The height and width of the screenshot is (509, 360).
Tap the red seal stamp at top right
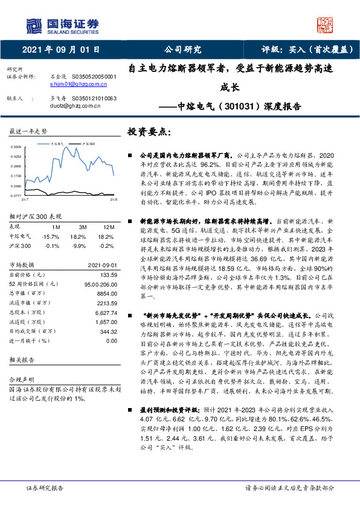click(326, 25)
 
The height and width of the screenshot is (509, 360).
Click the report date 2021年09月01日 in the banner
click(60, 50)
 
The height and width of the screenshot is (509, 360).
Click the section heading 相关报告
click(24, 360)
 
